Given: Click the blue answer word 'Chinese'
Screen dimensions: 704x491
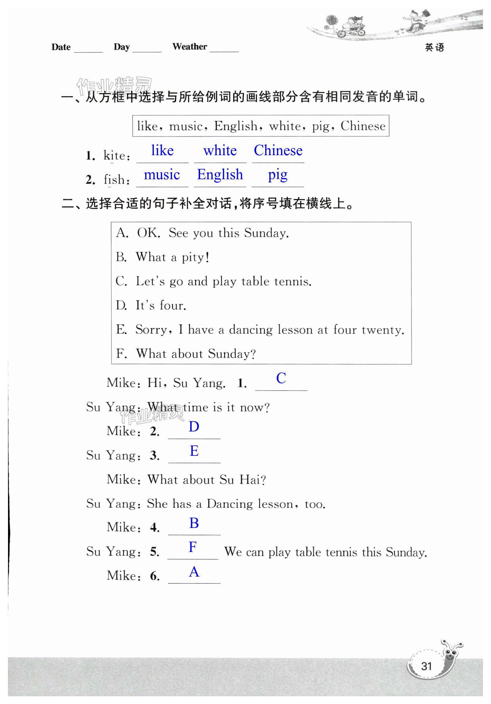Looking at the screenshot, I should coord(278,151).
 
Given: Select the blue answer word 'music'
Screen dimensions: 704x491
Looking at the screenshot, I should coord(162,174).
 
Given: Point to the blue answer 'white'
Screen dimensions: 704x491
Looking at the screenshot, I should coord(220,151).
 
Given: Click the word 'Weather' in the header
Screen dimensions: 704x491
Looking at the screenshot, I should coord(190,47).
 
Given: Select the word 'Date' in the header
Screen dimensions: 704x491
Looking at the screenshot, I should coord(61,47).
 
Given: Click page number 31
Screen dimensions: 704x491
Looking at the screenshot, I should coord(426,666).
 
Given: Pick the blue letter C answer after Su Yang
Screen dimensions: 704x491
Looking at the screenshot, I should coord(281,378).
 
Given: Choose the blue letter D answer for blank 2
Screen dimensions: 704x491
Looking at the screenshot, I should coord(194,427).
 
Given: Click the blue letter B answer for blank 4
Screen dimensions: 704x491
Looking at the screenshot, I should coord(194,523).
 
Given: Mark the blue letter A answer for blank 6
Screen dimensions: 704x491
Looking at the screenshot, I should coord(194,571).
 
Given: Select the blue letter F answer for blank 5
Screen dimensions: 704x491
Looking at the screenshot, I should coord(193,547).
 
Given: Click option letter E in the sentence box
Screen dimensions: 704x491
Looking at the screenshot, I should coord(121,329).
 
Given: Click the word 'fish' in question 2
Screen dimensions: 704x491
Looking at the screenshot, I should coord(114,180).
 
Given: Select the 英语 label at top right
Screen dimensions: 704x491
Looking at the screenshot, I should coord(434,47).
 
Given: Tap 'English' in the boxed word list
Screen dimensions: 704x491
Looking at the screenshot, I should coord(236,126).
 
